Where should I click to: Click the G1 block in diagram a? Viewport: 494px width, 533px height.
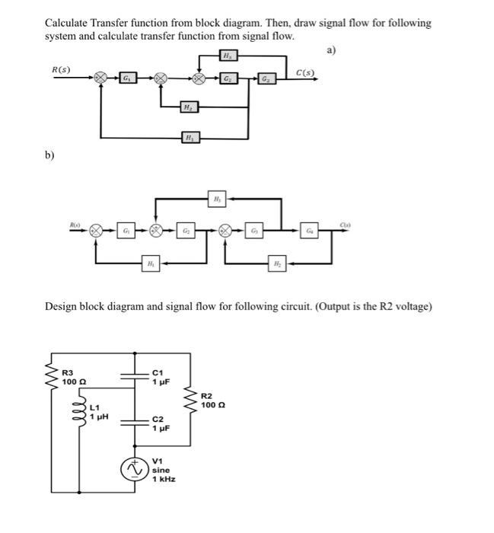click(129, 78)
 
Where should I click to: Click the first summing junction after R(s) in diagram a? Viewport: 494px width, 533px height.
click(99, 78)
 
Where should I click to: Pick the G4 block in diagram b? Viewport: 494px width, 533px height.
click(310, 229)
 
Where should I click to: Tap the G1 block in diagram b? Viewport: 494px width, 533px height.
click(126, 229)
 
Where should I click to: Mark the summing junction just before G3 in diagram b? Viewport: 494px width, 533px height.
click(225, 229)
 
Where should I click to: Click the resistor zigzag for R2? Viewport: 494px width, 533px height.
click(190, 399)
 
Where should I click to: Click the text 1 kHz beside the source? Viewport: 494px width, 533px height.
click(164, 480)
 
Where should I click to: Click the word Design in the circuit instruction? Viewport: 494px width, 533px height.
click(62, 307)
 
